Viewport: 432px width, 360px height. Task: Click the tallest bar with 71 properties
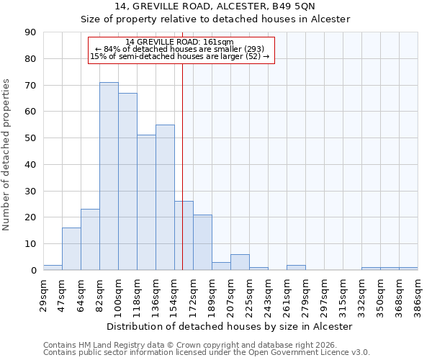[x=109, y=176]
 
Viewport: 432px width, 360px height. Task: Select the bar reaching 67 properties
[x=127, y=181]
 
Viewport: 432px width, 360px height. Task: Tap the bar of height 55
[x=165, y=197]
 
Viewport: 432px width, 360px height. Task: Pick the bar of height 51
[x=146, y=202]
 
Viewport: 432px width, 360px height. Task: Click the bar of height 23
[x=90, y=240]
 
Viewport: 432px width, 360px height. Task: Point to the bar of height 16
[x=71, y=249]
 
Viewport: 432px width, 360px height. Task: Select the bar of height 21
[x=202, y=243]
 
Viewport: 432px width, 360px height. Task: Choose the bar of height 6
[x=240, y=262]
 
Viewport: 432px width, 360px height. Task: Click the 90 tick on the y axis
[x=30, y=32]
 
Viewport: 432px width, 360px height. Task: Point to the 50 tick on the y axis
[x=30, y=138]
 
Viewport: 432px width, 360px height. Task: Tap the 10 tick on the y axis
[x=30, y=244]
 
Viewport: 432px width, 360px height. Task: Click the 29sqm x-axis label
[x=44, y=294]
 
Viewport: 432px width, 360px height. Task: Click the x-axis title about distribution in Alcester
[x=230, y=326]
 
